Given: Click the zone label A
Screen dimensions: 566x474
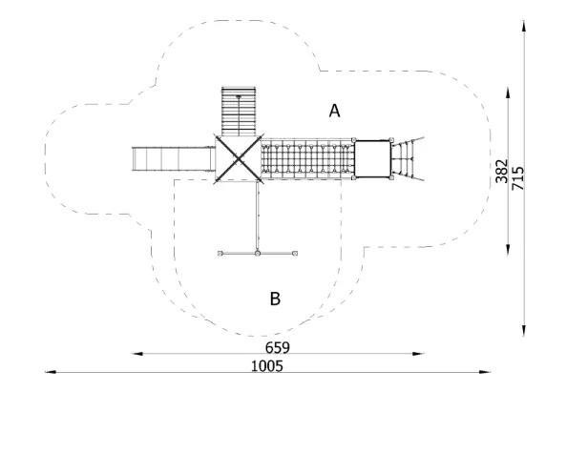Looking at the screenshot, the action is tap(334, 111).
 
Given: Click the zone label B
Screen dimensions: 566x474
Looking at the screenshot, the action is tap(275, 299).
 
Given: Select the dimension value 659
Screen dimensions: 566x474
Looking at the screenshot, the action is tap(277, 348).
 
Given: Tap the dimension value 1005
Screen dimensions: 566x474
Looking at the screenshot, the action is tap(267, 366).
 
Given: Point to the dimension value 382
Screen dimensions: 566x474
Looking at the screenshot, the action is tap(501, 171).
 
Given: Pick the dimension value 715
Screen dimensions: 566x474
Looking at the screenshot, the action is tap(517, 178).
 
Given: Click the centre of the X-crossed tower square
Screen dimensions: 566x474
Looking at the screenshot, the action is tap(239, 158).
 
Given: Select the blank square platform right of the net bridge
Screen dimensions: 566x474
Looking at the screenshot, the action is tap(372, 159).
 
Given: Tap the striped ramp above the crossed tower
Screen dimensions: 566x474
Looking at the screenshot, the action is tap(239, 111).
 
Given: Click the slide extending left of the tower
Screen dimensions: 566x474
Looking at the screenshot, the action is tap(174, 159).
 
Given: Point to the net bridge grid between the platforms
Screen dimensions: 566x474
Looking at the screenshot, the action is tap(306, 158).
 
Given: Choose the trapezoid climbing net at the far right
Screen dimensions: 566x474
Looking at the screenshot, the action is tap(408, 158).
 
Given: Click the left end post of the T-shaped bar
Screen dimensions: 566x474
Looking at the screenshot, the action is tap(220, 254).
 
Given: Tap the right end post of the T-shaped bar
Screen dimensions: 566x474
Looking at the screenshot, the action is tap(295, 254).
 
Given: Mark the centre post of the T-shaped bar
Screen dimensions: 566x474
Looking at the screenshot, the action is tap(258, 254).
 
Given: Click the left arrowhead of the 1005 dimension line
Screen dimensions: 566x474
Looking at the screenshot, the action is tap(51, 372).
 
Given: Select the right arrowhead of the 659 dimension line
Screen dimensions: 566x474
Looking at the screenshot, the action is tap(418, 354).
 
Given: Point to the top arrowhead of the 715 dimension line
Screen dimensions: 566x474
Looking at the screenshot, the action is tap(524, 26).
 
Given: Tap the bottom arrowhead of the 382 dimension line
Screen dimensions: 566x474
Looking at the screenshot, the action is tap(508, 250).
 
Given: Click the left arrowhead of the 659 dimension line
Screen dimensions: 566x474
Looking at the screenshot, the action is tap(137, 354).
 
